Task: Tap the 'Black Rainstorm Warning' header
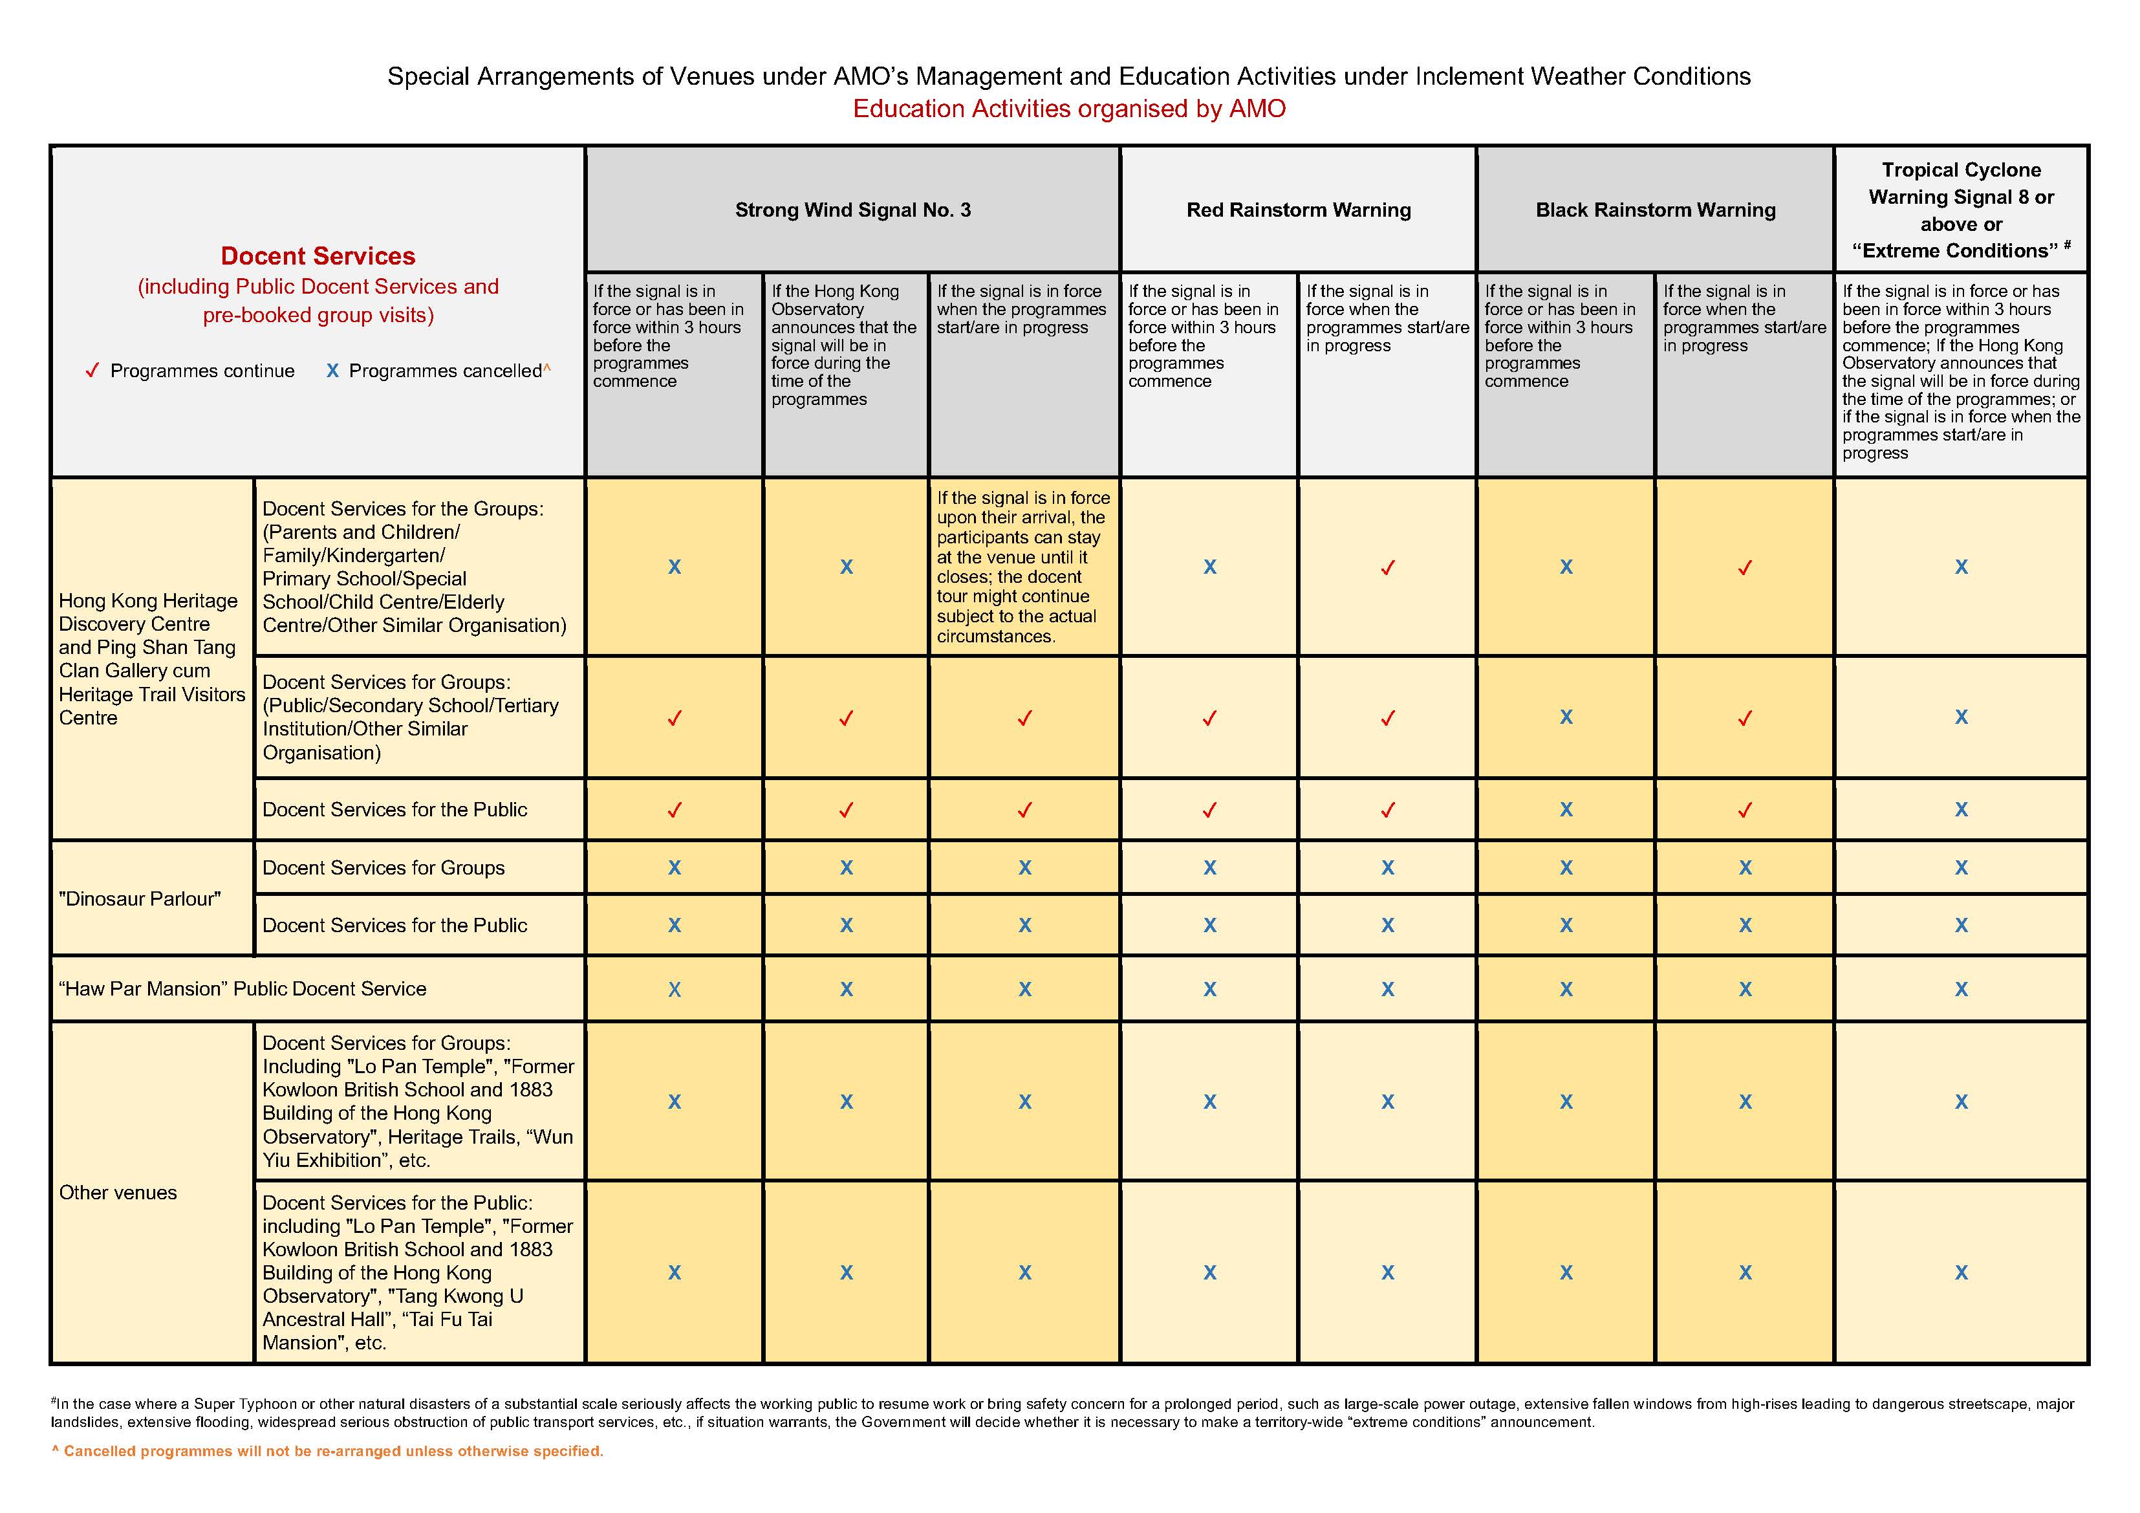tap(1656, 210)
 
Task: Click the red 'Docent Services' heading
tap(318, 256)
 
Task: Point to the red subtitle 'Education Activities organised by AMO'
tap(1069, 109)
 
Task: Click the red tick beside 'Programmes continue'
tap(92, 371)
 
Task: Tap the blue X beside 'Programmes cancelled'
tap(332, 371)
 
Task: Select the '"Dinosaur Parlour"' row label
tap(140, 898)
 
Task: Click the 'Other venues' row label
tap(118, 1192)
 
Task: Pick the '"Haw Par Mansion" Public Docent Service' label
tap(243, 989)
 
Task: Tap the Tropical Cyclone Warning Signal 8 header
tap(1961, 210)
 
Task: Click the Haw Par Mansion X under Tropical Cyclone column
tap(1961, 989)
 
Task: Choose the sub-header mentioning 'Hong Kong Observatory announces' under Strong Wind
tap(843, 345)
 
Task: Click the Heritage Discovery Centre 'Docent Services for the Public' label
tap(394, 809)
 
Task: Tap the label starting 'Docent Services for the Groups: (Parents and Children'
tap(414, 567)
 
